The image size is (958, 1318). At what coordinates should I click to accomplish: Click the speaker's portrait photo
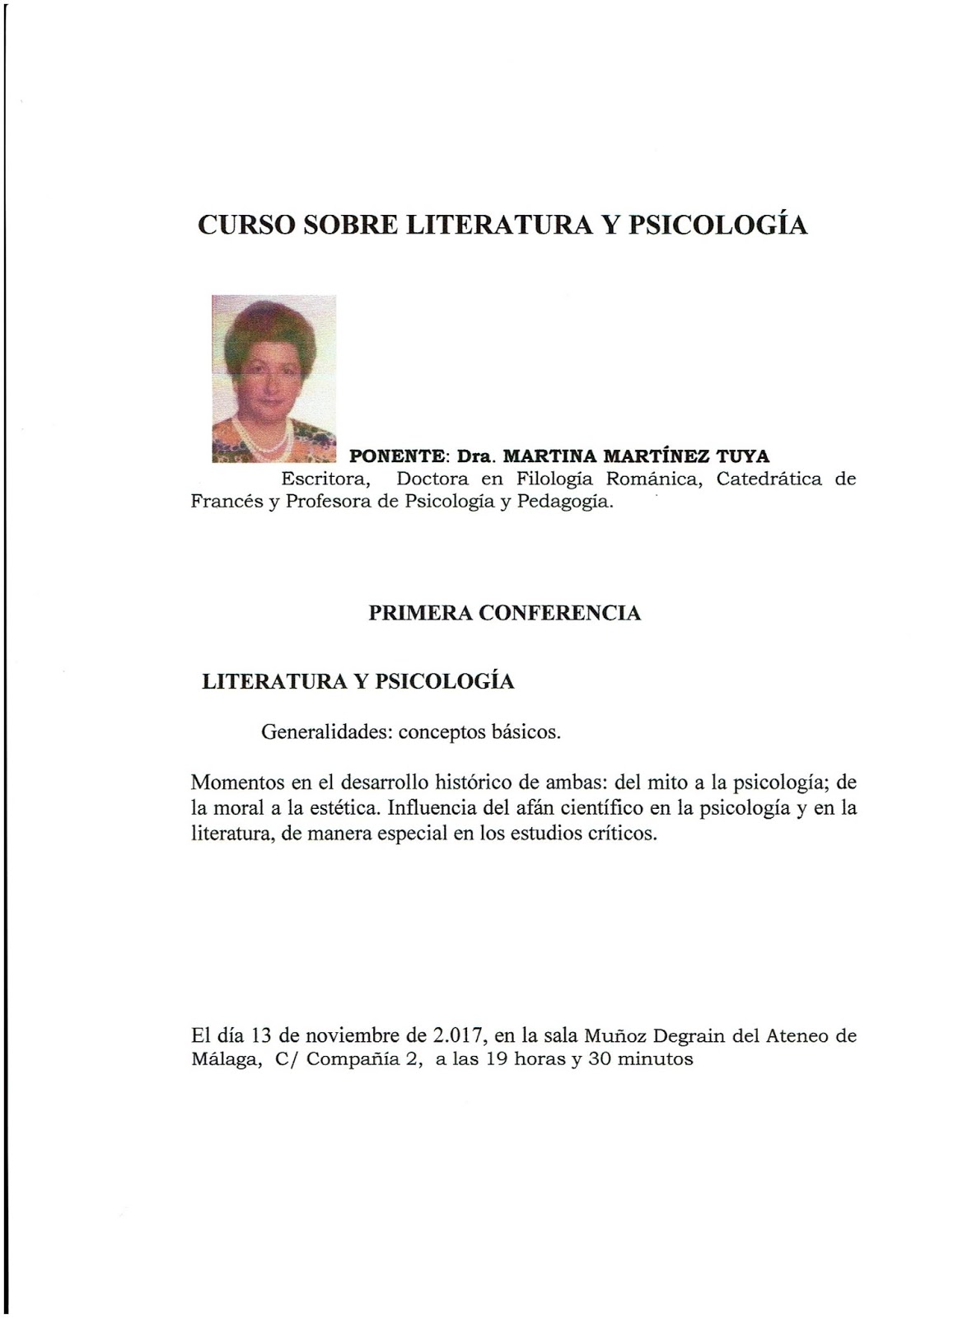click(x=273, y=378)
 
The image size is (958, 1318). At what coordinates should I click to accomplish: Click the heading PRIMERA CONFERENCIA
click(x=505, y=614)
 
